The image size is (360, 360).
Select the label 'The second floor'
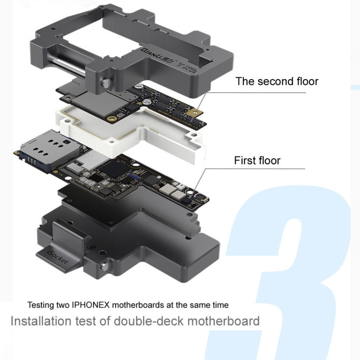(x=276, y=81)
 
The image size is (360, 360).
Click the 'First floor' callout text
(x=257, y=160)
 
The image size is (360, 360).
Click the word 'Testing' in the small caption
(x=39, y=304)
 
